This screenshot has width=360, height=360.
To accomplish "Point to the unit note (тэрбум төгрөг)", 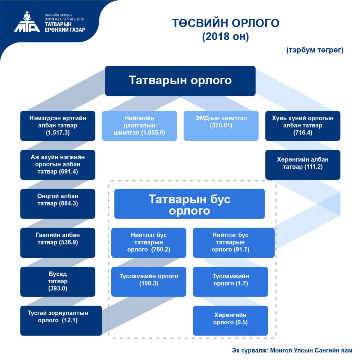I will pyautogui.click(x=315, y=50).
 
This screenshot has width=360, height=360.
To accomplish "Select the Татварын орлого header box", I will pyautogui.click(x=180, y=81).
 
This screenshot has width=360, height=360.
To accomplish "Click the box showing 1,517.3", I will pyautogui.click(x=58, y=126).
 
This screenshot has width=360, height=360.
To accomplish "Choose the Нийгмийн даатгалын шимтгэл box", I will pyautogui.click(x=139, y=126).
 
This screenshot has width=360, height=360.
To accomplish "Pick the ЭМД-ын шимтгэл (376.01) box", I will pyautogui.click(x=221, y=126).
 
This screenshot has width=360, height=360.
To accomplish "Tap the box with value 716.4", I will pyautogui.click(x=303, y=126).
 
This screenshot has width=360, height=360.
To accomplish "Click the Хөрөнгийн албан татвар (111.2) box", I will pyautogui.click(x=303, y=165).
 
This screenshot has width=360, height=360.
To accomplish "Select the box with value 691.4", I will pyautogui.click(x=58, y=165).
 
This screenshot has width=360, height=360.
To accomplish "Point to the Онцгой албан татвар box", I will pyautogui.click(x=58, y=203).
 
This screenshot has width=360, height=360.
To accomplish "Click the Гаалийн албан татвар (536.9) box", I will pyautogui.click(x=58, y=242).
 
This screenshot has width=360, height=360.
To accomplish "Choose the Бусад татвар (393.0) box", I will pyautogui.click(x=58, y=281).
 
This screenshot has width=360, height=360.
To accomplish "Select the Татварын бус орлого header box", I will pyautogui.click(x=189, y=204).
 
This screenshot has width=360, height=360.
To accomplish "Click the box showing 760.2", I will pyautogui.click(x=149, y=242).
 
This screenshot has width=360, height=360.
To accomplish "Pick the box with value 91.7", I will pyautogui.click(x=230, y=242).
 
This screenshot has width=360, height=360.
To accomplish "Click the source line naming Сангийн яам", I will pyautogui.click(x=292, y=350).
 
